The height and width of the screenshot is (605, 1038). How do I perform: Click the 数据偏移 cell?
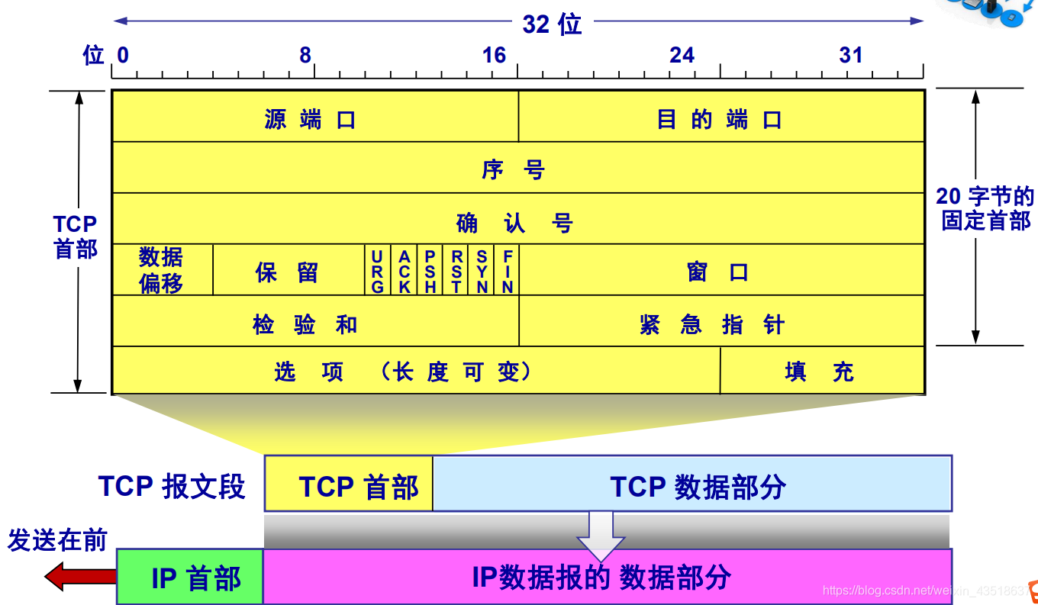(x=162, y=270)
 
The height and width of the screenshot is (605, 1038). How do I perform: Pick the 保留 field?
(x=289, y=270)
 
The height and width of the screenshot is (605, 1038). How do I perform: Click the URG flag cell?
(x=378, y=270)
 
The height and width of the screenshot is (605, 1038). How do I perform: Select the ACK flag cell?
(x=405, y=270)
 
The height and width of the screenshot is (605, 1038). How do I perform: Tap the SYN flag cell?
(x=482, y=270)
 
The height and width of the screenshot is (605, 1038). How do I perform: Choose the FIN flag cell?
(x=508, y=270)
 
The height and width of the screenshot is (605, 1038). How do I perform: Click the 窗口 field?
(x=720, y=270)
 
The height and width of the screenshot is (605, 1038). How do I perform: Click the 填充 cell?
(x=821, y=371)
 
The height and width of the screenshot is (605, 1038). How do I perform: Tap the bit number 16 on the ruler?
(x=495, y=55)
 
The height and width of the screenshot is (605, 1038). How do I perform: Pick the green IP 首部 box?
(x=190, y=577)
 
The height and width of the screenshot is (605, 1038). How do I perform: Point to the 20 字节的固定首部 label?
(x=985, y=208)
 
